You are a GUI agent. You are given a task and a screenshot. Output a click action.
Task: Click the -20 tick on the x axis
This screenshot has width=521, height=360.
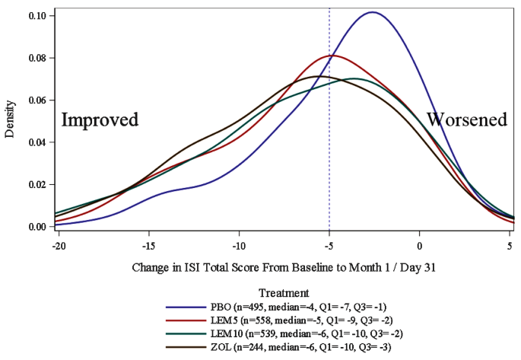(58, 247)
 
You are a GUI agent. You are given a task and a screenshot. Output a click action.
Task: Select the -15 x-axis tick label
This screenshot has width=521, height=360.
(148, 247)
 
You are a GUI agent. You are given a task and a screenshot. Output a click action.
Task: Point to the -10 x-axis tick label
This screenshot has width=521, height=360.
(239, 247)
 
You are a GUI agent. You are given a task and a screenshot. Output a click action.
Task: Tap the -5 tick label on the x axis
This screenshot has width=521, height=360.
(329, 247)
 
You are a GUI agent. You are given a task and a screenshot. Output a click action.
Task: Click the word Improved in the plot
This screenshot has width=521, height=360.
(100, 120)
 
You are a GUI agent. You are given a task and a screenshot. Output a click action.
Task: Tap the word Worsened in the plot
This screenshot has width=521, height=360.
(466, 120)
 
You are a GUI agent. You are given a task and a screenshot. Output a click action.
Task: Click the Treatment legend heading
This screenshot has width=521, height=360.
(283, 292)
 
